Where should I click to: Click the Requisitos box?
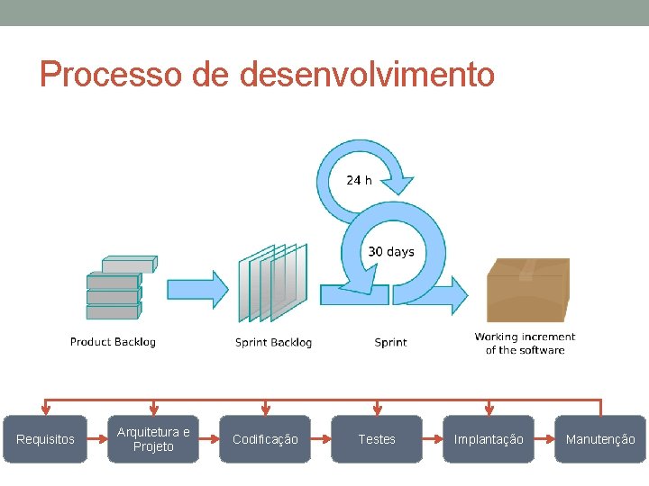[x=45, y=439]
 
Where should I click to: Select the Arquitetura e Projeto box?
[x=153, y=439]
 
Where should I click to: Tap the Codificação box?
[x=265, y=439]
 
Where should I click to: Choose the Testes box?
[x=377, y=439]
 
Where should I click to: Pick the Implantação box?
[x=489, y=439]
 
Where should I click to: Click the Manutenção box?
[x=600, y=439]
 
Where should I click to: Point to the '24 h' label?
[x=359, y=180]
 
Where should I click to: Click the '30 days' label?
[x=391, y=252]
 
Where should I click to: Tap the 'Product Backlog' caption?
[x=113, y=342]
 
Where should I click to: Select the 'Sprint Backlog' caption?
[x=273, y=342]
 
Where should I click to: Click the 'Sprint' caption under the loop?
[x=390, y=342]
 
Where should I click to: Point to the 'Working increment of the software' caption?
[x=525, y=343]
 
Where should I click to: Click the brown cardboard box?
[x=527, y=288]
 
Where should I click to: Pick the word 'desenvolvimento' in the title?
[x=367, y=74]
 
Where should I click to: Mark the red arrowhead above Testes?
[x=377, y=409]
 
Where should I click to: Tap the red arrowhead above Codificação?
[x=265, y=409]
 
